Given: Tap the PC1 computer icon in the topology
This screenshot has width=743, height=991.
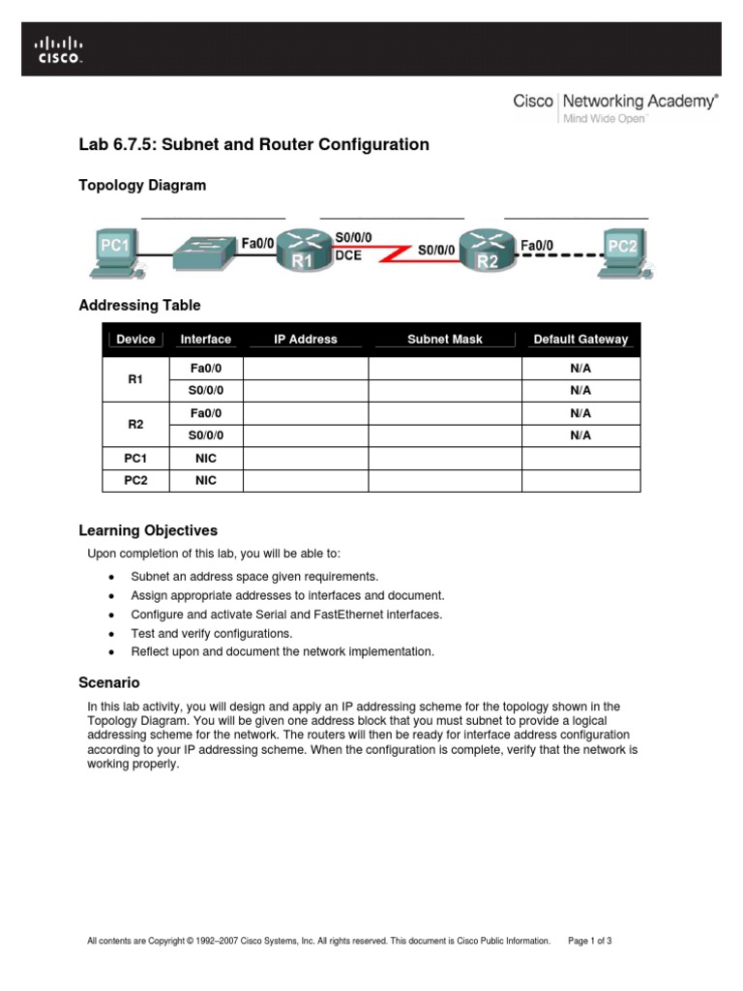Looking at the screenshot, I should coord(116,252).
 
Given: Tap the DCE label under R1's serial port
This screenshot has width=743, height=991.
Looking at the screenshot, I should coord(348,256).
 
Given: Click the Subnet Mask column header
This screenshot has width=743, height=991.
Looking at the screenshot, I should coord(445,340).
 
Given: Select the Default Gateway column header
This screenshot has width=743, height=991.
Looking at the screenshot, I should coord(580,340).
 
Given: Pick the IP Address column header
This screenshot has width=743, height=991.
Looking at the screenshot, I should coord(306,340).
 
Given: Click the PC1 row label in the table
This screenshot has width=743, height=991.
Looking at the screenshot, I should coord(135,458).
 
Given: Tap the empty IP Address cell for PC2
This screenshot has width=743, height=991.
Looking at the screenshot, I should coord(306,480).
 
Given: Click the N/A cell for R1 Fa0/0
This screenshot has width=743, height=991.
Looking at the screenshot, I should coord(580,369).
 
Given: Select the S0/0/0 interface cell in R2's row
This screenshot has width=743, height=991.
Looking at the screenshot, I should coord(206,435).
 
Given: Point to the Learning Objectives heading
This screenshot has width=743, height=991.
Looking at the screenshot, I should coord(148,530).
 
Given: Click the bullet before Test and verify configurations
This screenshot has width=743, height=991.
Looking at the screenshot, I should coord(113,634).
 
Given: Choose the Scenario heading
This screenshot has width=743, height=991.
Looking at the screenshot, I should coord(109,682).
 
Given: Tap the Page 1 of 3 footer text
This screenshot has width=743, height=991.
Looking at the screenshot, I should coord(590,941).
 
